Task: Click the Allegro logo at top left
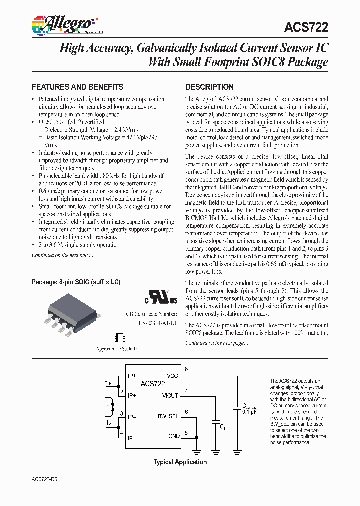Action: [x=62, y=24]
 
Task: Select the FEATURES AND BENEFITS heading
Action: [x=77, y=86]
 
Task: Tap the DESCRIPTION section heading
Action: [x=209, y=86]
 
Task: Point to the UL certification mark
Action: [x=161, y=298]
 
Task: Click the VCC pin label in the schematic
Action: [x=172, y=375]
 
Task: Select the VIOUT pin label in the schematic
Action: [x=170, y=395]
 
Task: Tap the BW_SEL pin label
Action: [x=168, y=416]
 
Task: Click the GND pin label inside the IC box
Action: [x=173, y=436]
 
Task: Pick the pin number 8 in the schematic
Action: [x=186, y=369]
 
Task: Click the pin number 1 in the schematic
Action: [x=120, y=371]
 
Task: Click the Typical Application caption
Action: [x=180, y=462]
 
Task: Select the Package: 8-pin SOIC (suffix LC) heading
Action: [x=76, y=282]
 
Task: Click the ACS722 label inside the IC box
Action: [x=153, y=383]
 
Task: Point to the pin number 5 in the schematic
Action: [x=186, y=433]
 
